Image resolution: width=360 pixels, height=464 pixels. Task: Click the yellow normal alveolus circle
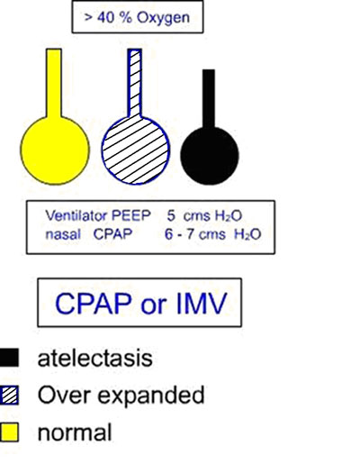click(55, 150)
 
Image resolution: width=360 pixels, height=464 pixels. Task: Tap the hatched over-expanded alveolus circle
click(136, 150)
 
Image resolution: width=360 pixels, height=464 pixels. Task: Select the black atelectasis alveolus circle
click(210, 156)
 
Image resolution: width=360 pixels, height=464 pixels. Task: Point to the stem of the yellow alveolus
click(54, 84)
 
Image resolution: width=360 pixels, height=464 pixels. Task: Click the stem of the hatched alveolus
click(135, 84)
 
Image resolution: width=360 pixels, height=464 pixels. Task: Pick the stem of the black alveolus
click(209, 99)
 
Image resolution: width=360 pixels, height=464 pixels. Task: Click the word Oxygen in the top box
click(164, 18)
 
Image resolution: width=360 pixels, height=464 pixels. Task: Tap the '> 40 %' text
click(108, 17)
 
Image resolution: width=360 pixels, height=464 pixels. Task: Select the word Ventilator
click(76, 215)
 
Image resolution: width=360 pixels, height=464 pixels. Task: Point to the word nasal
click(63, 234)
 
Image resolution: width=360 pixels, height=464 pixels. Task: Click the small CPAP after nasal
click(112, 234)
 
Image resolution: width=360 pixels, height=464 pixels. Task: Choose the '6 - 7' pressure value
click(179, 234)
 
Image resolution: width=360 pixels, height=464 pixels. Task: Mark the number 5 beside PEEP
click(171, 215)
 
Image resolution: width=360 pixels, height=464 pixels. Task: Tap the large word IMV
click(202, 303)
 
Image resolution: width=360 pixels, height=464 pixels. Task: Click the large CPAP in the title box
click(94, 303)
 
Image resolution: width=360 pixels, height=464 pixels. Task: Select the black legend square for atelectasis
click(9, 358)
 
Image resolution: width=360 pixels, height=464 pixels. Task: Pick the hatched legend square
click(9, 395)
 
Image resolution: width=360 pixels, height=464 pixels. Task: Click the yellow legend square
click(9, 432)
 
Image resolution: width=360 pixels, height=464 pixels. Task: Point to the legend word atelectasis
click(95, 358)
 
